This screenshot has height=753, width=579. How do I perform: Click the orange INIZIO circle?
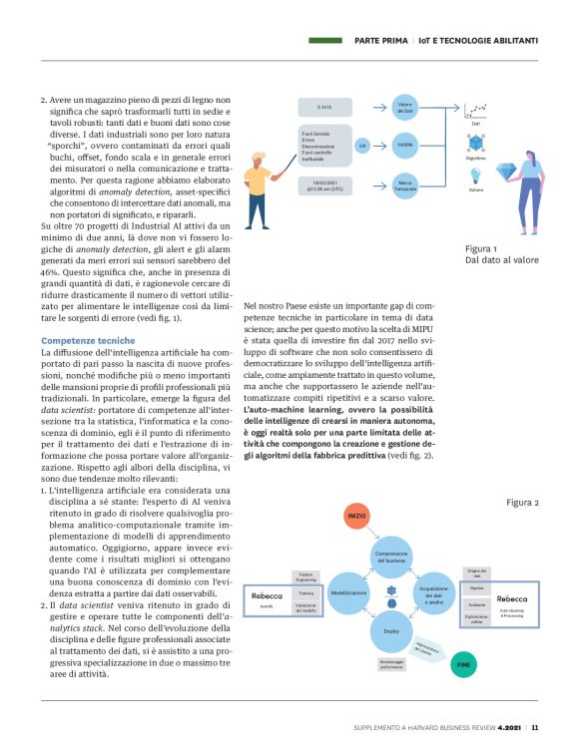coord(357,516)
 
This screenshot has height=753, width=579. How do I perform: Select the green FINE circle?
coord(463,662)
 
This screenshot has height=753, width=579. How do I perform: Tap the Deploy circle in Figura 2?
coord(391,630)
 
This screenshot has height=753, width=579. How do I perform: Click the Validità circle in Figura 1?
coord(404,145)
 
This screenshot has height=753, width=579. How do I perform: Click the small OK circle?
coord(363,145)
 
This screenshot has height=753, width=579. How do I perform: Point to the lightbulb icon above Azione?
coord(476,174)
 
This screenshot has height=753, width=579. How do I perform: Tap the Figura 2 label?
coord(520,502)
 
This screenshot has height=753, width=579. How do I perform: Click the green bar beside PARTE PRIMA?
coord(327,41)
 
